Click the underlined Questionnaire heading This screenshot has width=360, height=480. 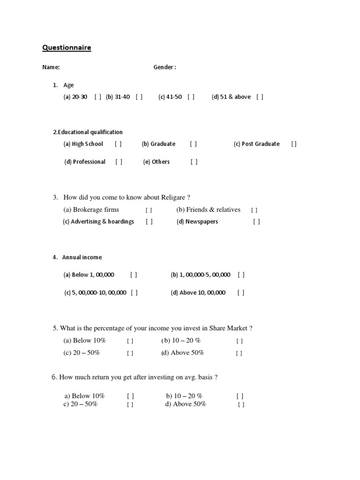click(67, 47)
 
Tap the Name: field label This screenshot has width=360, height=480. click(51, 67)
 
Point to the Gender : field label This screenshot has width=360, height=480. click(165, 67)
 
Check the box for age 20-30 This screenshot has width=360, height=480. click(97, 97)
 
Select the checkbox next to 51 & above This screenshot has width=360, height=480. click(260, 97)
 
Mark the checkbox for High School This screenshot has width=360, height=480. click(118, 144)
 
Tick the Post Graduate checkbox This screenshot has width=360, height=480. click(294, 144)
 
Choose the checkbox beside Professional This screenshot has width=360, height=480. click(119, 162)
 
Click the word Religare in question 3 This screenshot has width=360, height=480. click(173, 197)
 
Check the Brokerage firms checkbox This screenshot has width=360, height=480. click(149, 210)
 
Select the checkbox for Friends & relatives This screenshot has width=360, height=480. click(254, 210)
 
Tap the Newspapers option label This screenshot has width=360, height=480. click(202, 222)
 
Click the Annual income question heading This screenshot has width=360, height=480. click(82, 257)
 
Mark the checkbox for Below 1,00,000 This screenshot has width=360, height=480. click(134, 275)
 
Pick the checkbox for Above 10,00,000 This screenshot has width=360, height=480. click(241, 293)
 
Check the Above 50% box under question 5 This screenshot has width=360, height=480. click(239, 353)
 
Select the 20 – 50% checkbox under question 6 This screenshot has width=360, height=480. click(130, 405)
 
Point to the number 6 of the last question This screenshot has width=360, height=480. click(54, 377)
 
